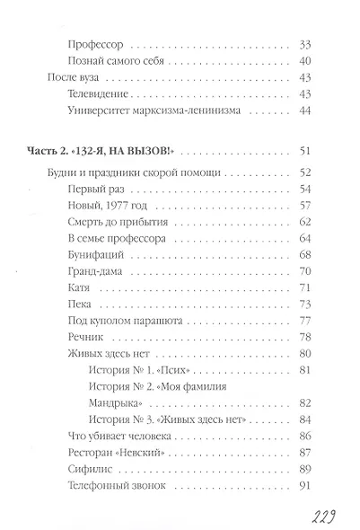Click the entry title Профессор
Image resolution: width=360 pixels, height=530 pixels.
[96, 43]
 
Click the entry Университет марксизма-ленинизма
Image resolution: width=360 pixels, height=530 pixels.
[149, 110]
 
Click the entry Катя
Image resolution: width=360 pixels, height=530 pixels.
[79, 288]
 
